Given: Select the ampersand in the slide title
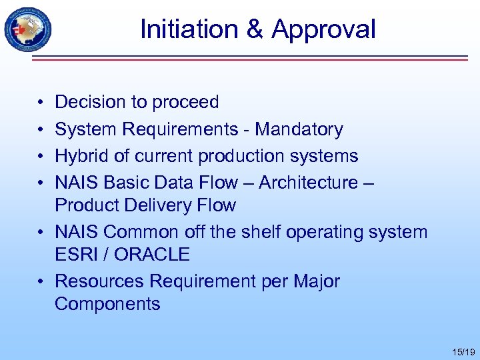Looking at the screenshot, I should click(258, 29).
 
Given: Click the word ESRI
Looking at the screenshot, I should click(76, 255).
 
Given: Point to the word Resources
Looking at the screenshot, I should click(99, 281).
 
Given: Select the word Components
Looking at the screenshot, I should click(107, 304).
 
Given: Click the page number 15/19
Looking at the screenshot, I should click(462, 351).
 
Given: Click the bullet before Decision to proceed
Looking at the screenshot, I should click(41, 103).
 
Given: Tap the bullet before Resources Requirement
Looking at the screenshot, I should click(41, 281).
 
